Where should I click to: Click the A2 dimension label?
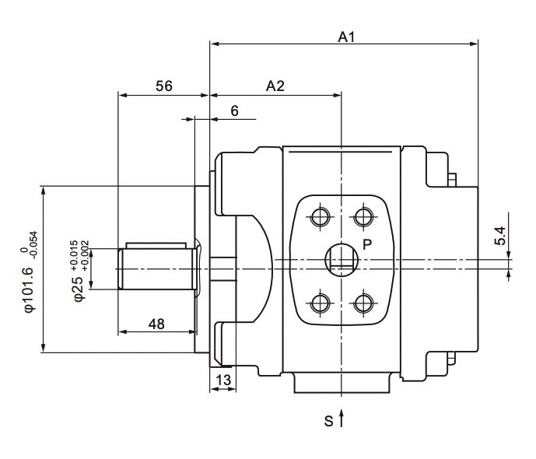tap(275, 86)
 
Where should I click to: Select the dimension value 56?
tap(163, 86)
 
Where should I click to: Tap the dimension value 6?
tap(234, 111)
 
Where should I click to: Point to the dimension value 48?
tap(156, 324)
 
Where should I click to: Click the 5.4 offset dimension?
tap(500, 236)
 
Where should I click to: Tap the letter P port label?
tap(367, 244)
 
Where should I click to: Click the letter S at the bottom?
tap(328, 422)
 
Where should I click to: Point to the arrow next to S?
tap(342, 420)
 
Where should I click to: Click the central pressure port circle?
tap(341, 258)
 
